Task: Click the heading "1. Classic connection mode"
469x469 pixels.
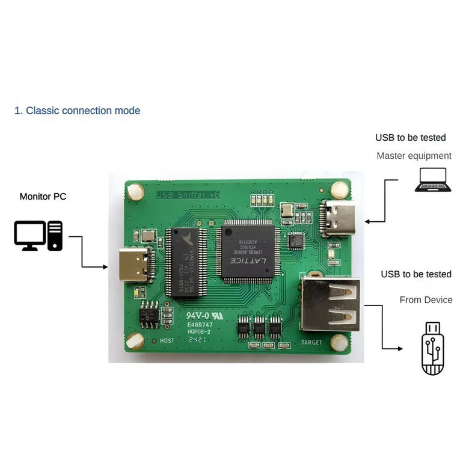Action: (x=77, y=111)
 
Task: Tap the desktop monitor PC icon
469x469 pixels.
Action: (x=38, y=236)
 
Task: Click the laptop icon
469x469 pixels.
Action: (x=433, y=180)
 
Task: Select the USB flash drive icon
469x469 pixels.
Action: (x=433, y=349)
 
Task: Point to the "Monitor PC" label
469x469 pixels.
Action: (x=43, y=197)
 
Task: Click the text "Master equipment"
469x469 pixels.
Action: (x=414, y=156)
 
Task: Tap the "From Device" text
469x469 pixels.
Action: (x=426, y=299)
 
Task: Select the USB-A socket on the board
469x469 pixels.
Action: (x=330, y=304)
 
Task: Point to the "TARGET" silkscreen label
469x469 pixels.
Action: (x=311, y=343)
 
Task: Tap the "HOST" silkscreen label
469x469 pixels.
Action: (x=167, y=341)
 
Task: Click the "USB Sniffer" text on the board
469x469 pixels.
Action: (x=180, y=195)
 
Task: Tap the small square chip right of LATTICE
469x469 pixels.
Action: (x=296, y=241)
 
